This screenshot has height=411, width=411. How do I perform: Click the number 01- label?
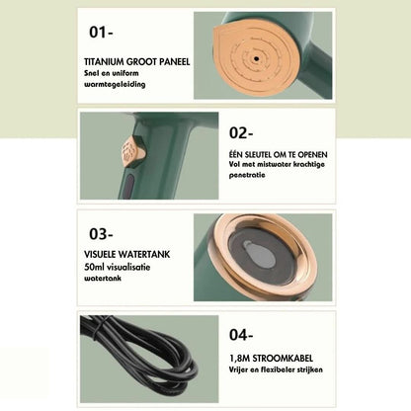pos(101,33)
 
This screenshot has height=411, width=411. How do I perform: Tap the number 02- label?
pos(241,133)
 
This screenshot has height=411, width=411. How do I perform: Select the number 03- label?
pos(101,234)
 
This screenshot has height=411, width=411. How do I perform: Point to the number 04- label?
pos(241,335)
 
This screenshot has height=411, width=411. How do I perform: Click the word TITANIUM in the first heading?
pos(104,62)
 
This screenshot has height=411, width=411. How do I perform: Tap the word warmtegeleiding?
pos(115,84)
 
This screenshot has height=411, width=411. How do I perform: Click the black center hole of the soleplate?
pos(256,59)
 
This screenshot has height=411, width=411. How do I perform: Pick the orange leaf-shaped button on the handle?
pos(132,153)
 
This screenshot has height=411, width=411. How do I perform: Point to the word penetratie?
pos(247,175)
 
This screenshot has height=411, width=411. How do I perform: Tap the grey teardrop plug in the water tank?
pos(260,254)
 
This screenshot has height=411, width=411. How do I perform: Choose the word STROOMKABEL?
pos(283,358)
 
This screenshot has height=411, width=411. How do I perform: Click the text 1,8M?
pos(240,358)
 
